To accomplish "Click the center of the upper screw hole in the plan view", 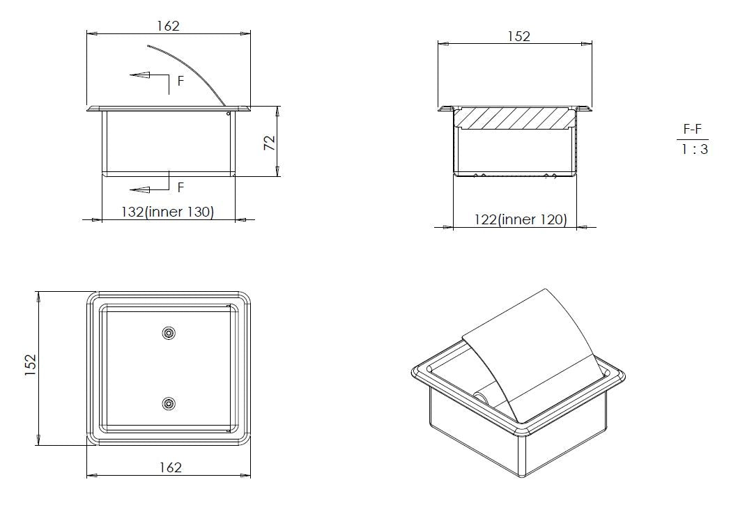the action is tap(169, 334).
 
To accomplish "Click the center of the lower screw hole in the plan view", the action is tap(169, 403).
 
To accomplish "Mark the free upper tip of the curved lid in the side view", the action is tap(148, 46).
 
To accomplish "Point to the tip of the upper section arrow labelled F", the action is tap(130, 75).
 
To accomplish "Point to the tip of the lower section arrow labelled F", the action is tap(130, 190).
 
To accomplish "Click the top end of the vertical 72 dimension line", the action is tap(277, 107).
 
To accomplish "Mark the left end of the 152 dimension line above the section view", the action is tap(438, 44).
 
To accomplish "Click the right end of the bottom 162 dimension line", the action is tap(250, 476).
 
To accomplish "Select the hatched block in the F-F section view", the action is tap(516, 118).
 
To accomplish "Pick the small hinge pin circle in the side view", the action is tap(229, 114).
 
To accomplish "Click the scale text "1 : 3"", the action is tap(695, 150).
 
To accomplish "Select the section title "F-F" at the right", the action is tap(692, 129).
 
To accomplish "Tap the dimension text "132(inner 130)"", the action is tap(167, 212).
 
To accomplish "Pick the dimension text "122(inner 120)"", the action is tap(521, 219).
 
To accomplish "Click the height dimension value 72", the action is tap(269, 143).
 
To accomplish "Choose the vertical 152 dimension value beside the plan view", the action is tap(30, 365).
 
